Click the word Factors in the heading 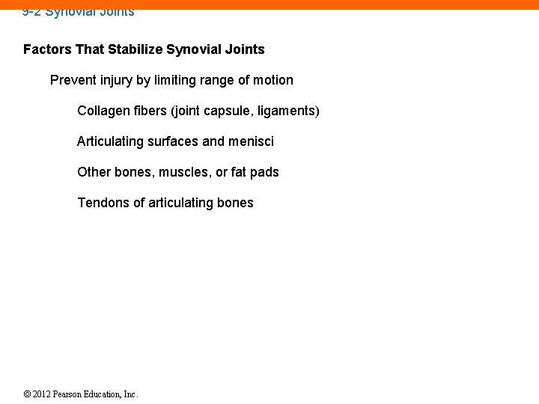[x=47, y=49]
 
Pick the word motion [x=272, y=80]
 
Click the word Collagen [x=103, y=111]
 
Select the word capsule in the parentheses [x=228, y=111]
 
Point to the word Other [x=94, y=172]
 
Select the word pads [x=264, y=172]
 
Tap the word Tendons [x=103, y=203]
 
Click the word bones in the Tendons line [x=236, y=203]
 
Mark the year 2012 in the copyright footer [x=43, y=394]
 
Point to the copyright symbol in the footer [x=27, y=394]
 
